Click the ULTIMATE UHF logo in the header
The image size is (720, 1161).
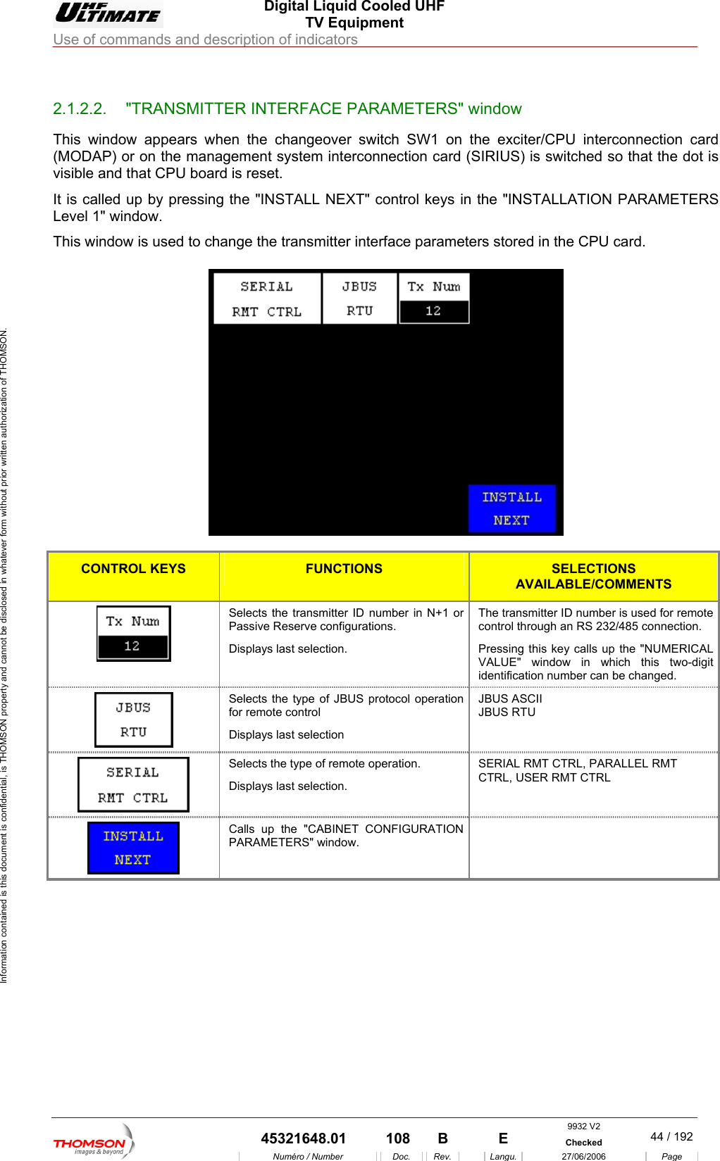(x=108, y=13)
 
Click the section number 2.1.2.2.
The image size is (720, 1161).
(x=79, y=109)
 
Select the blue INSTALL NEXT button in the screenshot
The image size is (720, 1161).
(x=511, y=508)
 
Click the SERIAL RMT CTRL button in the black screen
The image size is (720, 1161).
(x=267, y=299)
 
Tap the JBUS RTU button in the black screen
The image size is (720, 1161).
(x=359, y=299)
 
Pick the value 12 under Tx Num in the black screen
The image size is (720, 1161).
(x=433, y=311)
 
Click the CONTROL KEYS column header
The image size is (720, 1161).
(x=133, y=569)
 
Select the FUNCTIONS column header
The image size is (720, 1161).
(x=344, y=569)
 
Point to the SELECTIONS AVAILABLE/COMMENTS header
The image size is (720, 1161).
(x=593, y=576)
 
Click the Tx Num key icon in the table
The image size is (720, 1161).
(x=133, y=634)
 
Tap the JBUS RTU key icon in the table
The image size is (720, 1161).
(x=133, y=720)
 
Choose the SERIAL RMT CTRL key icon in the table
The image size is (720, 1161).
(x=133, y=784)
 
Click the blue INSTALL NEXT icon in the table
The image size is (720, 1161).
(x=133, y=848)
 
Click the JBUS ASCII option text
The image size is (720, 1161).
(x=510, y=699)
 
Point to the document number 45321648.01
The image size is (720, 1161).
(x=303, y=1138)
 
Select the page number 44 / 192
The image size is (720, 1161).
(x=671, y=1136)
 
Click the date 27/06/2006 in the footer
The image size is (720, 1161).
(x=583, y=1156)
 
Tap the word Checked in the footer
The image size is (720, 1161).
(x=583, y=1143)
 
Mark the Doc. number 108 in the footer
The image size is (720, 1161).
(x=398, y=1138)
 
